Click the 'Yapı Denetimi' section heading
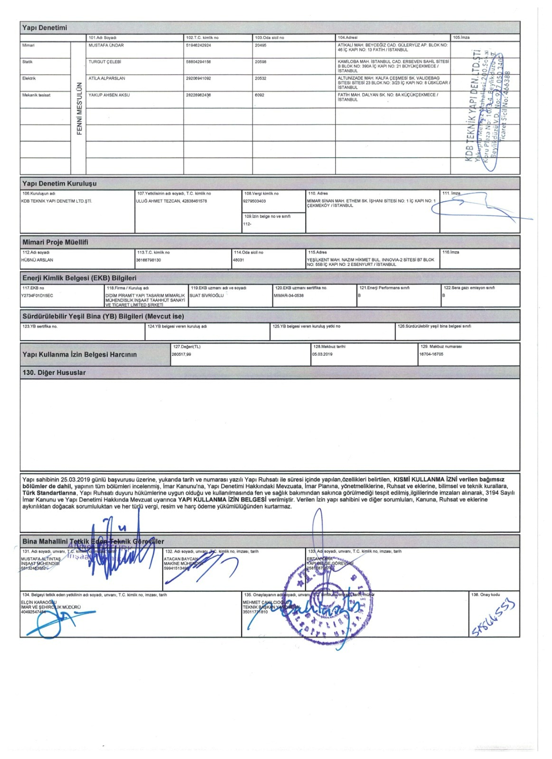pos(45,28)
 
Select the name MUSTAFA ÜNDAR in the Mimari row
pos(106,46)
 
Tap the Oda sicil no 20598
pos(261,62)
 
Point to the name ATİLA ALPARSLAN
pos(107,78)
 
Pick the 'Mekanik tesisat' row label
pos(36,95)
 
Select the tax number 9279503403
pos(255,201)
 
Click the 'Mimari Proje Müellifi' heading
pos(55,242)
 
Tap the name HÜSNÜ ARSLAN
pos(37,260)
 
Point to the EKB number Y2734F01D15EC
pos(37,296)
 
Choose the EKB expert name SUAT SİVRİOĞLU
pos(206,296)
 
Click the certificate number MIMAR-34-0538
pos(289,296)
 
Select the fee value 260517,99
pos(181,354)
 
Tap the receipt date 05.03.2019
pos(322,354)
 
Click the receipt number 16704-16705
pos(431,354)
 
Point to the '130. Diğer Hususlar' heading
pos(54,373)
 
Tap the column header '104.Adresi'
pos(348,37)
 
